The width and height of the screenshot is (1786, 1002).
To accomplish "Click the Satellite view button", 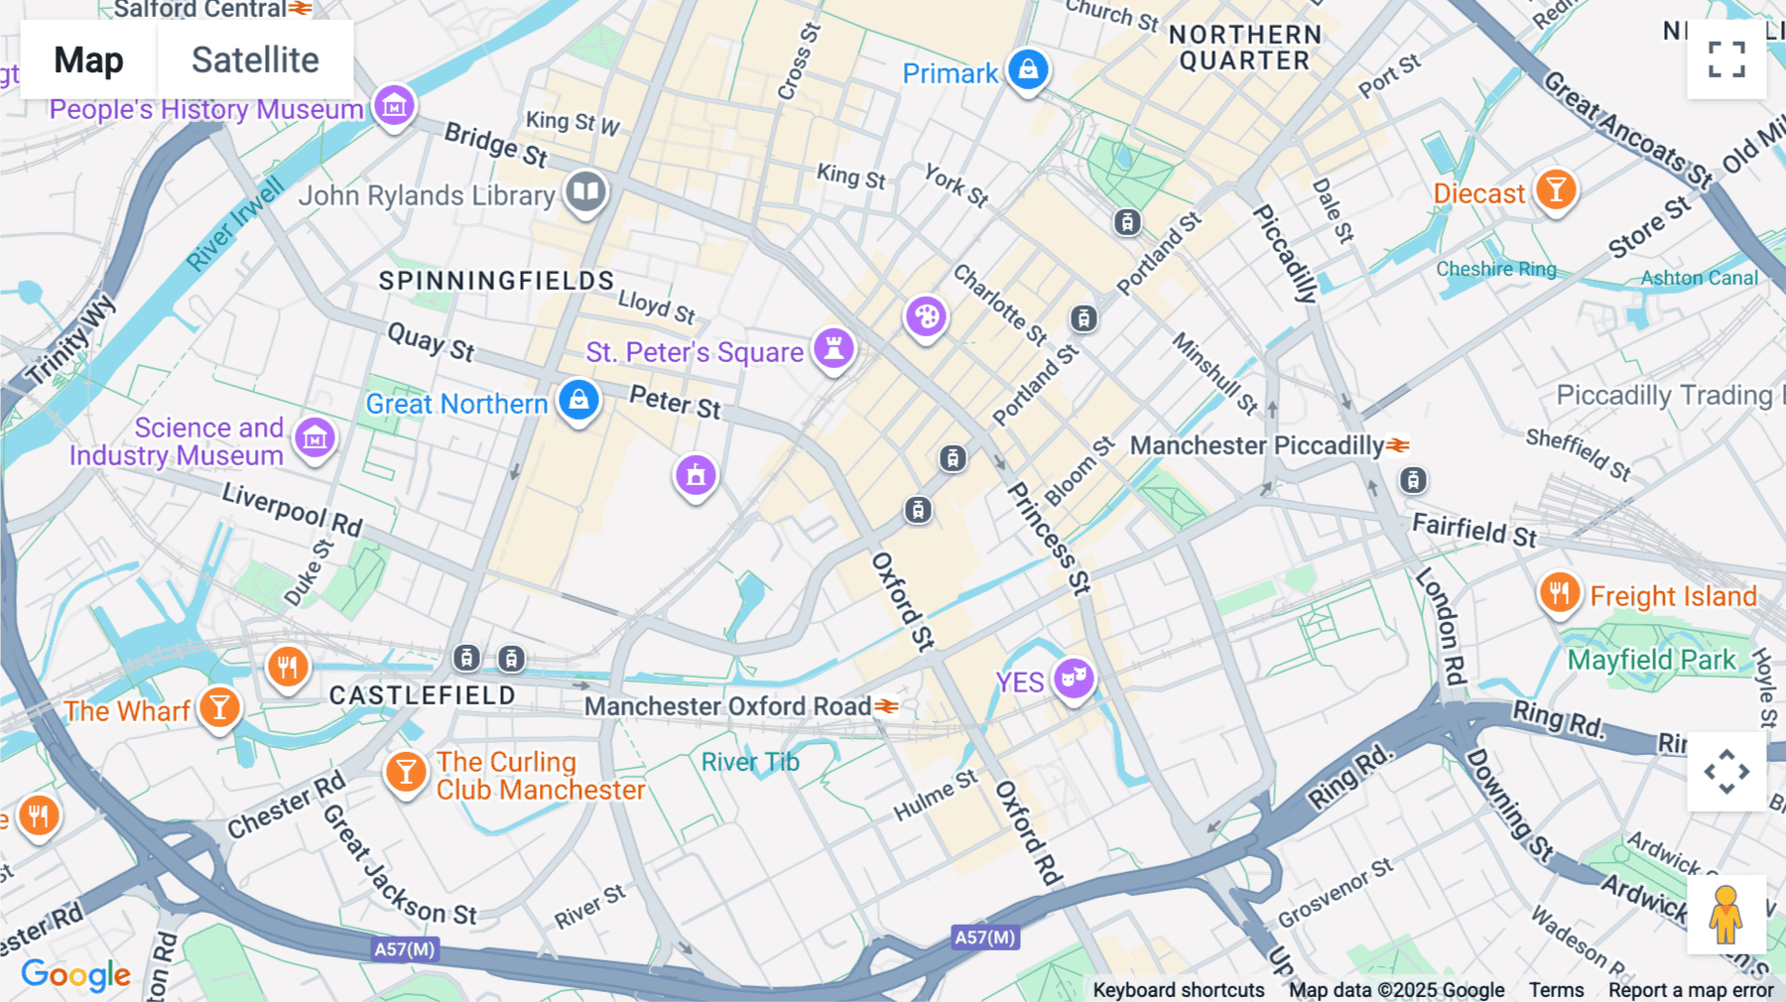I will coord(255,60).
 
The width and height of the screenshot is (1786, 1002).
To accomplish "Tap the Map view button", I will coord(88,60).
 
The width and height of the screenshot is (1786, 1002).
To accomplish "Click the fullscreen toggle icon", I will coord(1726,60).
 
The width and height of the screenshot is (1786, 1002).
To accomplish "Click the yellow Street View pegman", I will coord(1725,914).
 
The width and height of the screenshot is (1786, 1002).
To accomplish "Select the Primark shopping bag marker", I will coord(1028,69).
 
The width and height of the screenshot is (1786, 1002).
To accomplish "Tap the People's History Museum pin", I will coord(394,103).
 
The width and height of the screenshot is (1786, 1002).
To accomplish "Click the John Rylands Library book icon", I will coord(586,190).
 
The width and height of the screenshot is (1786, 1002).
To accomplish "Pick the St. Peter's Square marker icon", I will coord(834,348).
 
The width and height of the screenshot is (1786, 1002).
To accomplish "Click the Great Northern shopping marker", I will coord(578,400).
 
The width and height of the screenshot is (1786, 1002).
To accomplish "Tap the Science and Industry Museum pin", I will coord(316,437).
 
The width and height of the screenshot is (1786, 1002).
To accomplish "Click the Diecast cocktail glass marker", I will coord(1556,188).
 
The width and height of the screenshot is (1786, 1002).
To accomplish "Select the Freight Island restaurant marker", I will coord(1559,593).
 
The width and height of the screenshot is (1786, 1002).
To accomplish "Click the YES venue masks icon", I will coord(1074,679).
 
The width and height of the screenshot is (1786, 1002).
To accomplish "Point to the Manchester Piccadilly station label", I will coord(1256,445).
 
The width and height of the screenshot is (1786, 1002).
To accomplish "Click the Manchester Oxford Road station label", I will coord(727,706).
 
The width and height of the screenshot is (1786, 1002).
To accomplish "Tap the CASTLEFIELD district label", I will coord(423,695).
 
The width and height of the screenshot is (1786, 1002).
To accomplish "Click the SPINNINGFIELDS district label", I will coord(496,281).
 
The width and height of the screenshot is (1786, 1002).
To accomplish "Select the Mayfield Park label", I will coord(1651,660).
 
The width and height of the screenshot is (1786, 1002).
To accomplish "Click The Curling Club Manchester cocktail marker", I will coord(405,771).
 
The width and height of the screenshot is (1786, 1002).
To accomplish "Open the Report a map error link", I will coord(1690,990).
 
